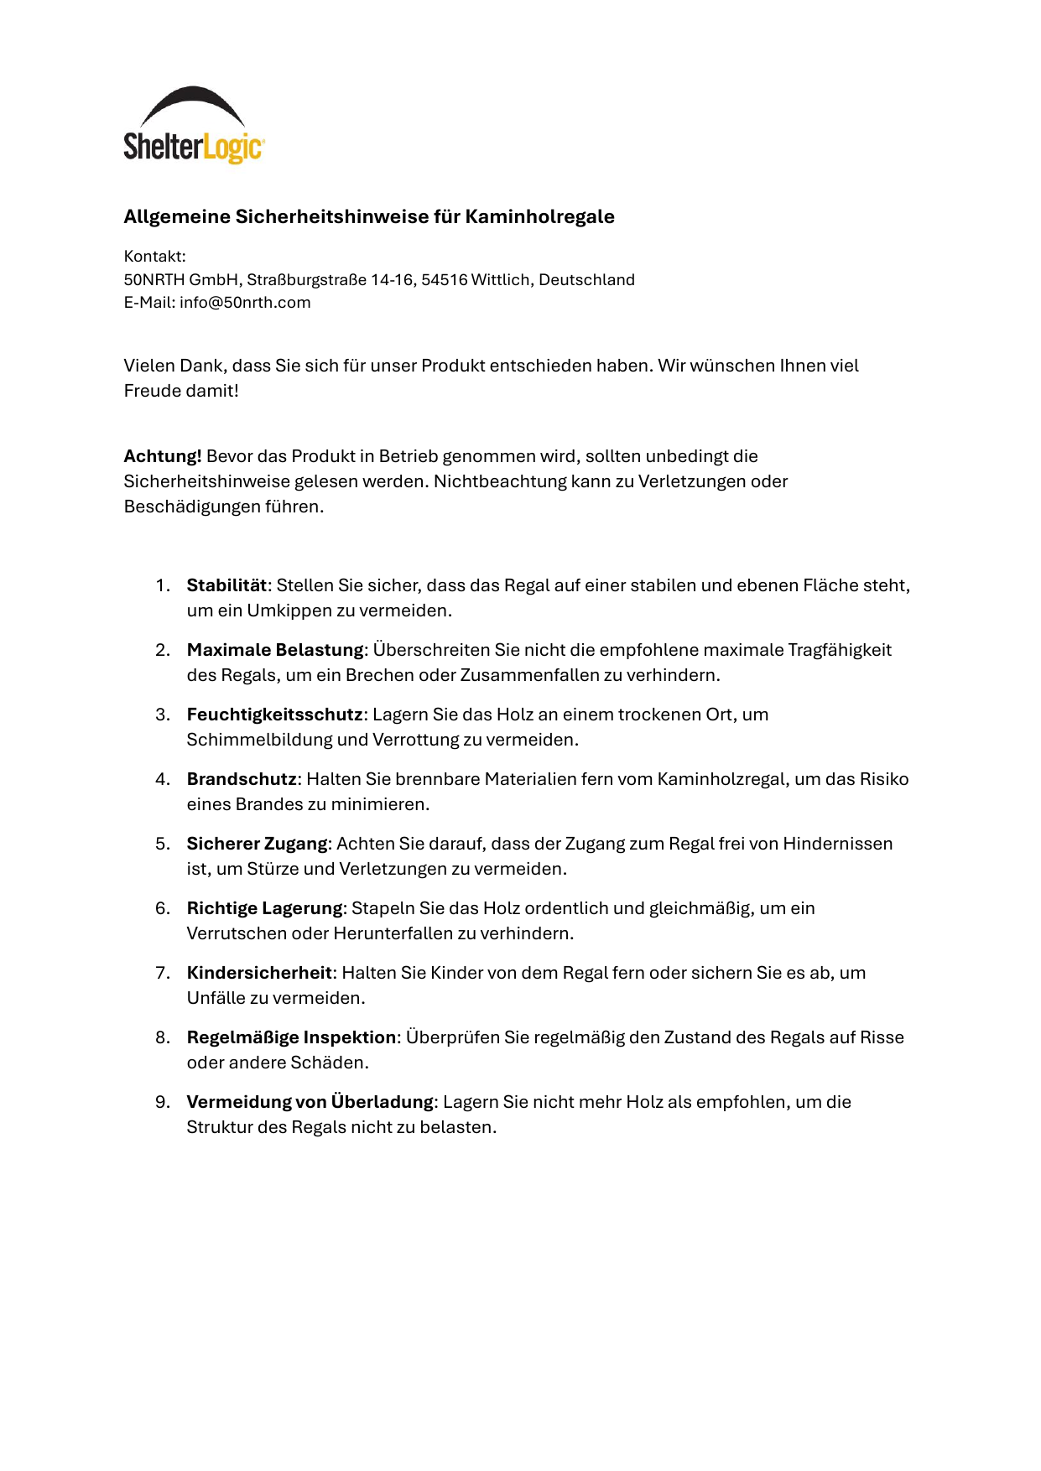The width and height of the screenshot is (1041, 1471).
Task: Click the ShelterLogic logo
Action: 194,126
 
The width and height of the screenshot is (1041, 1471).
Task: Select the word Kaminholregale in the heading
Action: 539,216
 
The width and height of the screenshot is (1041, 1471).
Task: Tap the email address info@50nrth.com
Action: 245,303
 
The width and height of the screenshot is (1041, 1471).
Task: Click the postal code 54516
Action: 444,280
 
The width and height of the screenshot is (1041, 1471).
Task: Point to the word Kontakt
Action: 154,257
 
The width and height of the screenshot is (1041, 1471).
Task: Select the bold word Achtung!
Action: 163,456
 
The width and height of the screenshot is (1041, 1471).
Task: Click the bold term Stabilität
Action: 226,585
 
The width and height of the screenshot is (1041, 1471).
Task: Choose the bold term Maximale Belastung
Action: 275,650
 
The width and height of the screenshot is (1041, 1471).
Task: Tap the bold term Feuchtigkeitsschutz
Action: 274,715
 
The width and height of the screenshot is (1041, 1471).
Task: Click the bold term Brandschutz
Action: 242,779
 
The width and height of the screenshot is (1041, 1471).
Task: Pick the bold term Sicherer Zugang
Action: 257,844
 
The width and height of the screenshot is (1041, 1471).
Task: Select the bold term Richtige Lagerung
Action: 264,908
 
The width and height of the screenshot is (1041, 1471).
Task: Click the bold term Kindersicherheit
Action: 259,973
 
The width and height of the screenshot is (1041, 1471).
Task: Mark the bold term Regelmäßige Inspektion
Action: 291,1037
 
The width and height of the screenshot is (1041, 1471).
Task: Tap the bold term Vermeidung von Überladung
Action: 310,1102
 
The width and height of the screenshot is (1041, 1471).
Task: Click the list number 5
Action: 162,844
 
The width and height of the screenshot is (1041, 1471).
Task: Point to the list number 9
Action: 162,1102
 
